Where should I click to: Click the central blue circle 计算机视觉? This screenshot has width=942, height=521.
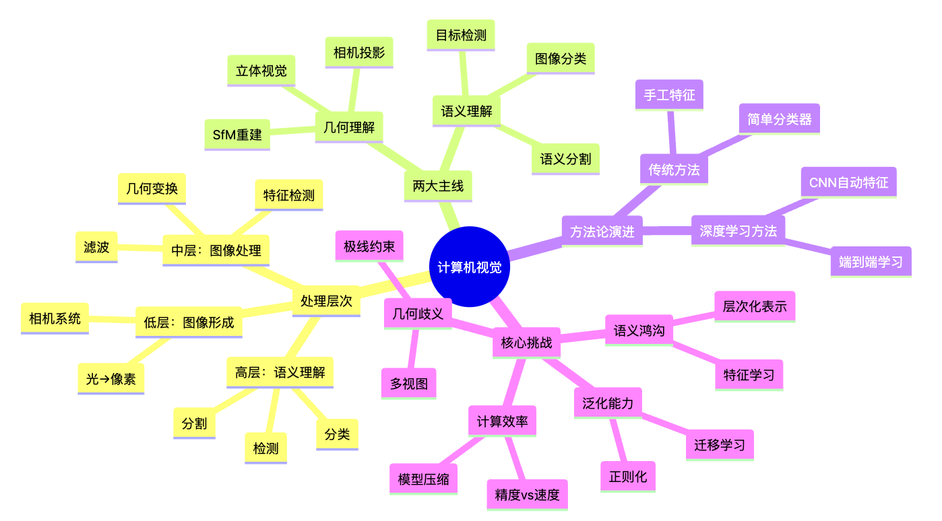point(469,267)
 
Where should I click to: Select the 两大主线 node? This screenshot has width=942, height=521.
point(438,186)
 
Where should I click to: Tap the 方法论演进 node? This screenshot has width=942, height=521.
point(602,232)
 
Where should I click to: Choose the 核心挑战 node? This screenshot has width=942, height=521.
point(526,343)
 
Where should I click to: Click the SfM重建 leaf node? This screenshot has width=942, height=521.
point(237,134)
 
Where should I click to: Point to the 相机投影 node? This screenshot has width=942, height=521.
point(358,52)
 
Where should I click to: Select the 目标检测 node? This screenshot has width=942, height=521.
point(461,35)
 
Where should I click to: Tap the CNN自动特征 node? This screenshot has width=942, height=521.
point(848,182)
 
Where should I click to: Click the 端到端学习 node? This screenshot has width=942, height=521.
point(871,262)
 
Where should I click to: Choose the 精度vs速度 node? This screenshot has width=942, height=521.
point(527,495)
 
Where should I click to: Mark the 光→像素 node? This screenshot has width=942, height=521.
point(111,378)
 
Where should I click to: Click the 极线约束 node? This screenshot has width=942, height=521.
point(369,246)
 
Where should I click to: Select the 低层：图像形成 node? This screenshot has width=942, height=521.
point(189,322)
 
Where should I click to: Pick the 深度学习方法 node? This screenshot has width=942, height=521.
point(738,231)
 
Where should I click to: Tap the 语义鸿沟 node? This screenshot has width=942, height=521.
point(639,331)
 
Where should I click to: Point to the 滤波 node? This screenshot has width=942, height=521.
point(96,247)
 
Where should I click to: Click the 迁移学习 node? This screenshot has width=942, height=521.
point(720,445)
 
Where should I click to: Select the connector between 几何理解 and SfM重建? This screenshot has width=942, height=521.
point(292,131)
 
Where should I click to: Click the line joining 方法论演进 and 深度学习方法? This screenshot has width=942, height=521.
point(667,232)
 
